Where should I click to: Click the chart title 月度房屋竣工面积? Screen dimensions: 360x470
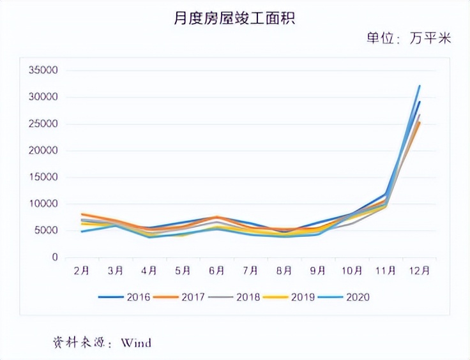pos(234,19)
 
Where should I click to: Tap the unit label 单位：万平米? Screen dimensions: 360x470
pos(409,39)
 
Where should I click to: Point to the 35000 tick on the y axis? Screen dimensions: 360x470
pos(44,70)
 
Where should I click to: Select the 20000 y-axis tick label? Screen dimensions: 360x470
pos(44,151)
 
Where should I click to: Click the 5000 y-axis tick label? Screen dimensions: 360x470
pos(47,231)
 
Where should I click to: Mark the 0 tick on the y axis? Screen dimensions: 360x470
pos(56,257)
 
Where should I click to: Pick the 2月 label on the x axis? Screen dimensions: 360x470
pos(81,271)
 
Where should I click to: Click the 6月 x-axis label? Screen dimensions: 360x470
pos(217,271)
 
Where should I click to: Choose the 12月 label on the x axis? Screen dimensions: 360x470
pos(419,271)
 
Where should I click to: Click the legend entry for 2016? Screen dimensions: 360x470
pos(125,297)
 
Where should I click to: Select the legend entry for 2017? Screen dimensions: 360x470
pos(179,297)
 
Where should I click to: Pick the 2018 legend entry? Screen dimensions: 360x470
pos(234,297)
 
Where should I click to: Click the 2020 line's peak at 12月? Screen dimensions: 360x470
pos(420,86)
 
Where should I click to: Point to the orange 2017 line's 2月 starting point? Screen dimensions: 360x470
pos(82,214)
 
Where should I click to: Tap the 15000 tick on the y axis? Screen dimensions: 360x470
pos(44,177)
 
